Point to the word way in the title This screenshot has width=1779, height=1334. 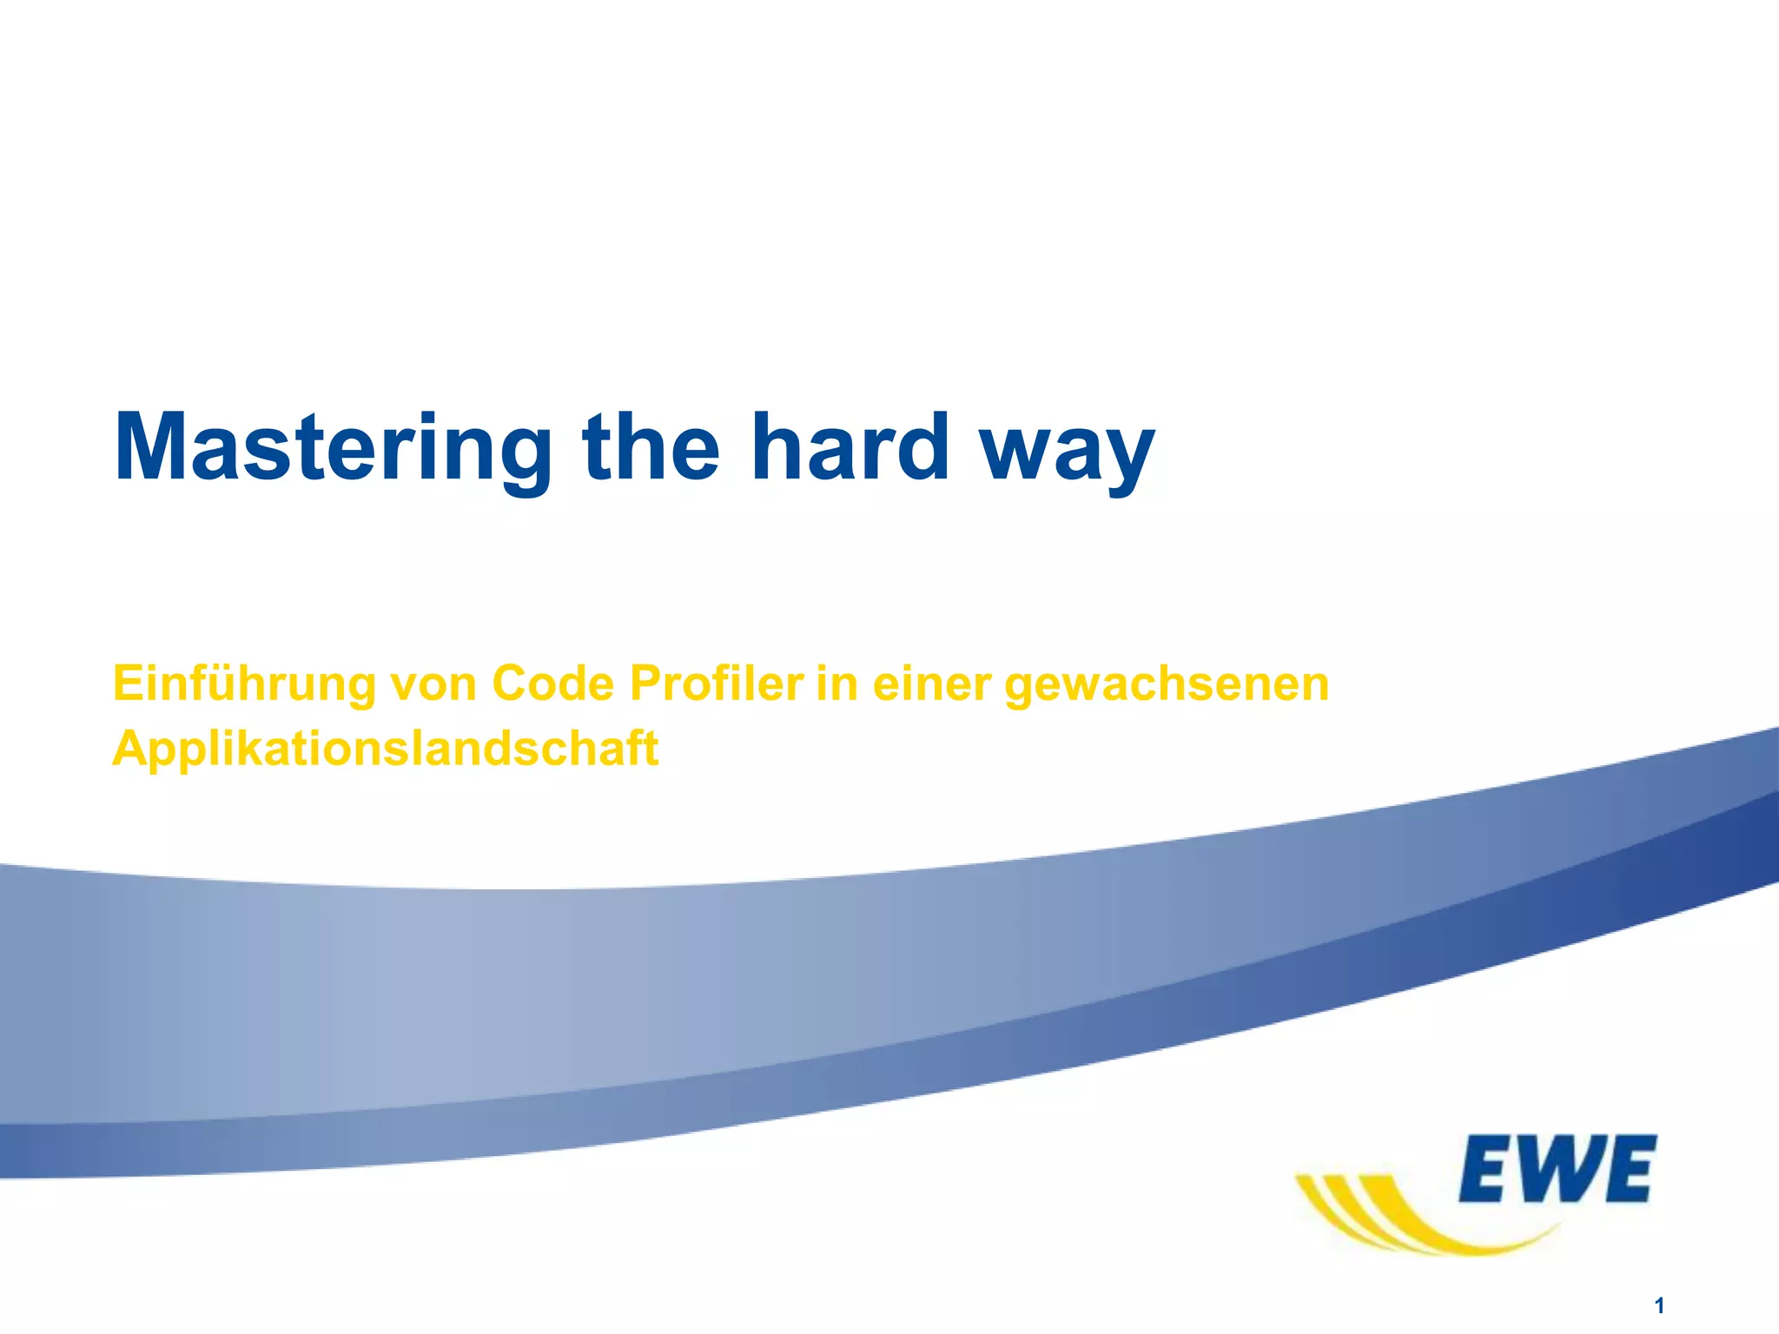tap(1068, 452)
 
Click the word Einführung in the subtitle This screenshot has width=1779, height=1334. tap(244, 684)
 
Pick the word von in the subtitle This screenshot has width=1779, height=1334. tap(433, 684)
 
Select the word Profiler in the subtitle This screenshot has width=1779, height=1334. tap(716, 684)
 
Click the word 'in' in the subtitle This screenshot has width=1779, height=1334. tap(837, 684)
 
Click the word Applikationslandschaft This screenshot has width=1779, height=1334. tap(386, 748)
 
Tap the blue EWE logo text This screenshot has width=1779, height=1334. tap(1557, 1169)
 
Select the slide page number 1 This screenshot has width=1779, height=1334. tap(1659, 1305)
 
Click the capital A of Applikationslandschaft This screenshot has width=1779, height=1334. tap(132, 748)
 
